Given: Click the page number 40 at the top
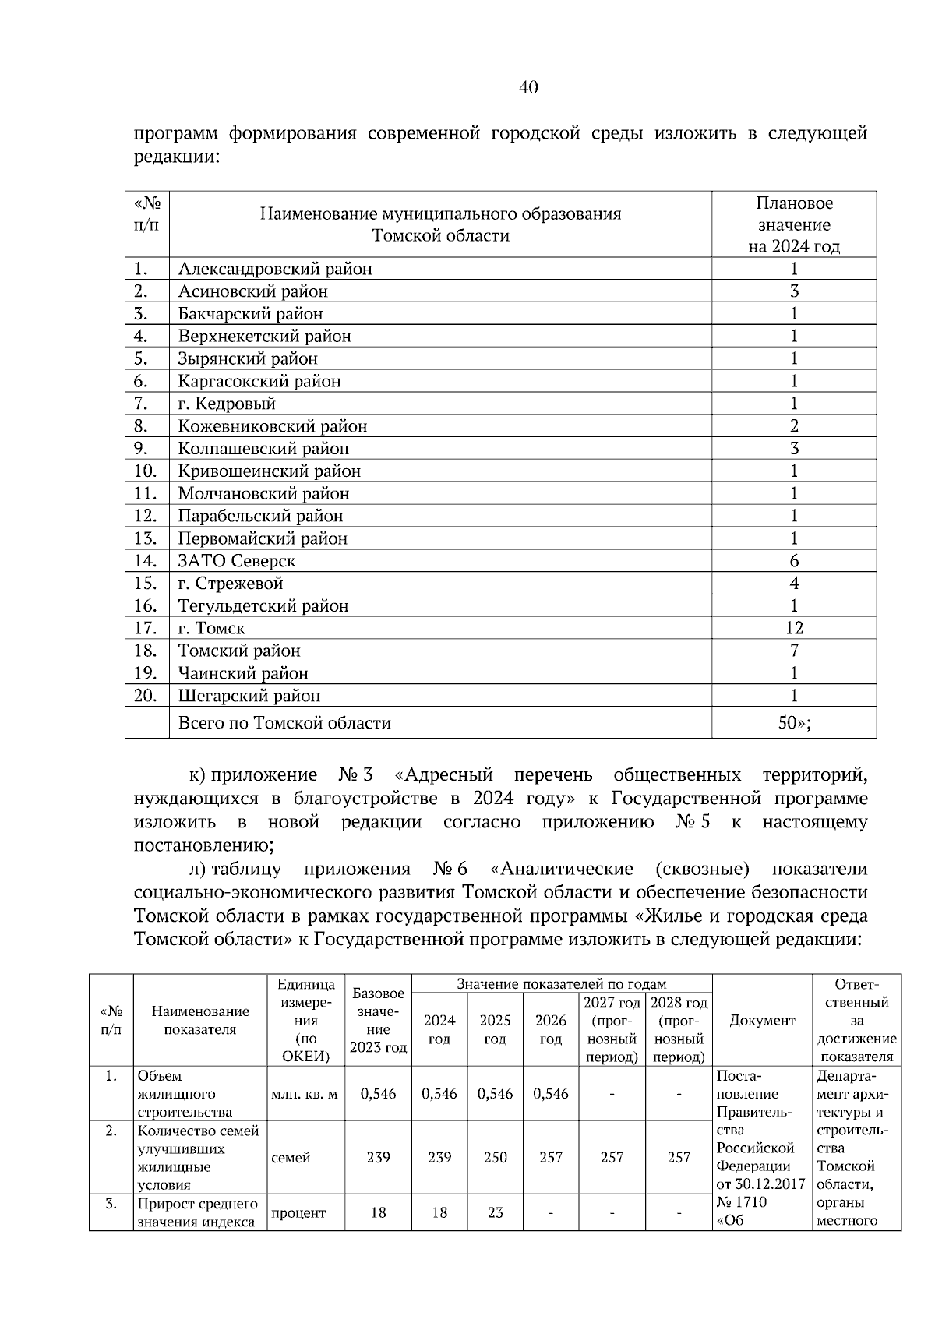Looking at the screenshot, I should click(x=527, y=87).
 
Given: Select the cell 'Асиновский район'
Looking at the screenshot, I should click(x=252, y=291).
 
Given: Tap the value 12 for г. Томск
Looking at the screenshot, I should click(x=793, y=628).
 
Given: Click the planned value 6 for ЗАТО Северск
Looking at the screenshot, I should click(x=793, y=561).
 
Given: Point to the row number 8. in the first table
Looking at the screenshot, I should click(x=141, y=426).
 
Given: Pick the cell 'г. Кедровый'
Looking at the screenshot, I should click(x=226, y=404).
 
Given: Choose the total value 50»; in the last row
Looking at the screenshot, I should click(x=794, y=723).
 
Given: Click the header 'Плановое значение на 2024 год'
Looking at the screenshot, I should click(x=793, y=225).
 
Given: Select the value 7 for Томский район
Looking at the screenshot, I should click(x=793, y=651).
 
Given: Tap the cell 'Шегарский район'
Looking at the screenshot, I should click(x=249, y=696).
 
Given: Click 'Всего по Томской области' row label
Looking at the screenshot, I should click(x=284, y=723).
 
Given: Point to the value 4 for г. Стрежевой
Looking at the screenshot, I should click(x=793, y=584).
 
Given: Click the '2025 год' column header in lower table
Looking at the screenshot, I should click(x=495, y=1029).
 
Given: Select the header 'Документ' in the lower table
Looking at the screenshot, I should click(x=762, y=1021).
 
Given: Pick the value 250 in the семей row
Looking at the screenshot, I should click(x=495, y=1158).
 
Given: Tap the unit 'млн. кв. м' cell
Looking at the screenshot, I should click(x=304, y=1094).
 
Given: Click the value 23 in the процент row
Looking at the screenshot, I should click(x=495, y=1213).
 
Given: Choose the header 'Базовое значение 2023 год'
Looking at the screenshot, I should click(x=378, y=1021).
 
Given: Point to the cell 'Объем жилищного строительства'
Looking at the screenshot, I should click(x=185, y=1094).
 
